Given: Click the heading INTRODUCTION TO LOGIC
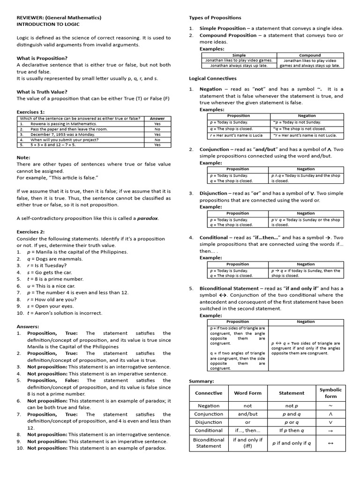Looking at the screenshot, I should tap(48, 24).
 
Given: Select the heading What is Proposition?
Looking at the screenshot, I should tap(42, 58).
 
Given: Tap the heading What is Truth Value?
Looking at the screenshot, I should tap(42, 92).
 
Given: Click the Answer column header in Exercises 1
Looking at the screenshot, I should tap(157, 119).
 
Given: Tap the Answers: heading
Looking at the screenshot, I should tap(28, 326).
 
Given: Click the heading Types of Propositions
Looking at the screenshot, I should tap(215, 18).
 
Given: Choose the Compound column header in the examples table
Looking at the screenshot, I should tap(310, 55).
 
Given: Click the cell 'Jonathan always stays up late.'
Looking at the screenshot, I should tap(239, 66).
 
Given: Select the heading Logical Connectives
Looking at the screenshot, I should tap(212, 78).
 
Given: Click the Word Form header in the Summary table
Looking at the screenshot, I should tap(248, 393).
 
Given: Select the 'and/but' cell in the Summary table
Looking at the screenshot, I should tap(248, 414).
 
